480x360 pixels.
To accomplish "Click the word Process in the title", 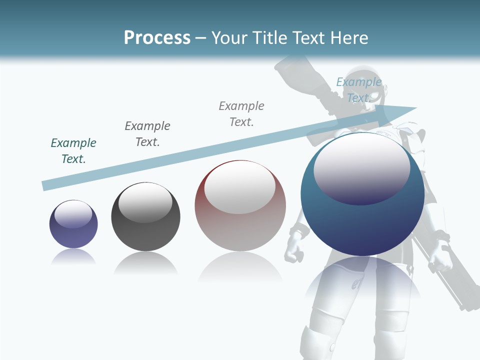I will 157,38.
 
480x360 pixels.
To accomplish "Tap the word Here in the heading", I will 348,38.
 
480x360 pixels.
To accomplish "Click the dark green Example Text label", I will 73,151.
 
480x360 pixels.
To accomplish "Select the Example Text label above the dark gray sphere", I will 147,134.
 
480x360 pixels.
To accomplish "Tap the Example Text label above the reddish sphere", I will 241,114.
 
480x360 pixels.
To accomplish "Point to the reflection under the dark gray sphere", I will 145,263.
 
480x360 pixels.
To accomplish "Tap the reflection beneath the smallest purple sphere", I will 73,257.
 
